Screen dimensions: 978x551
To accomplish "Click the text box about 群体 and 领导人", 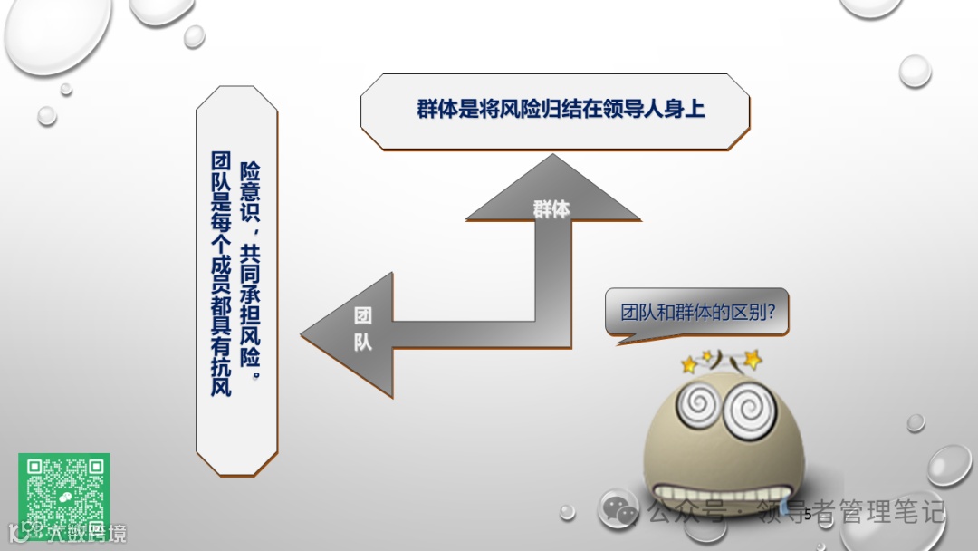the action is [555, 111].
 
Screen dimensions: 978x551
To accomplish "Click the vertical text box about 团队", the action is [236, 281].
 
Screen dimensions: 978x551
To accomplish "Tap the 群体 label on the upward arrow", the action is [551, 209].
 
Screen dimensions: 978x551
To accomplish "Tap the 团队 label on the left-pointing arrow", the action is [362, 329].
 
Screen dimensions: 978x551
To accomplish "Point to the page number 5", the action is [807, 515].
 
